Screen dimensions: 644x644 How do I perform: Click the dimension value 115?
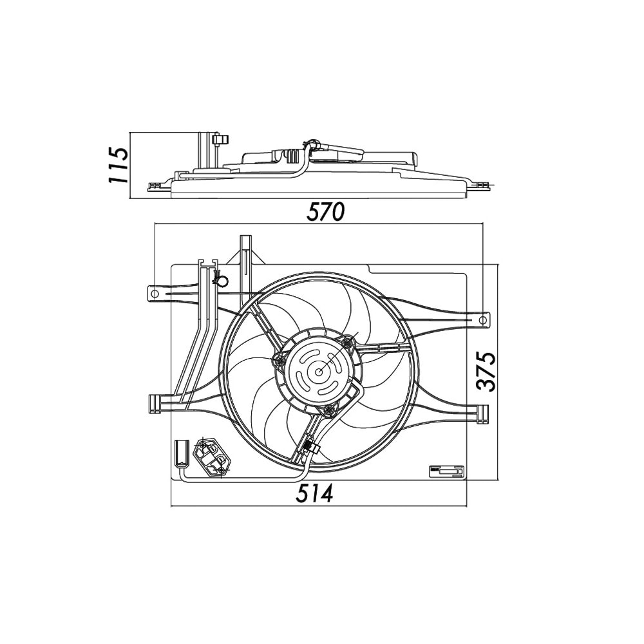tap(118, 164)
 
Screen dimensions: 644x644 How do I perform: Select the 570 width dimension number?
tap(325, 212)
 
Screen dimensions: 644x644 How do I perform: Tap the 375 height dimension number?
tap(486, 372)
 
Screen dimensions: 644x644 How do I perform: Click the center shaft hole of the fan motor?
tap(319, 372)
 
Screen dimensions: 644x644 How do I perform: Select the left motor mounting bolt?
tap(280, 360)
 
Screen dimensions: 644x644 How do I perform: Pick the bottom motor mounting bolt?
tap(328, 410)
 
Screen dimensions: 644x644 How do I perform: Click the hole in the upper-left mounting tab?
tap(155, 294)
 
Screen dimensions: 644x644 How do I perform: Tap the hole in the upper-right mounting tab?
tap(484, 319)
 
